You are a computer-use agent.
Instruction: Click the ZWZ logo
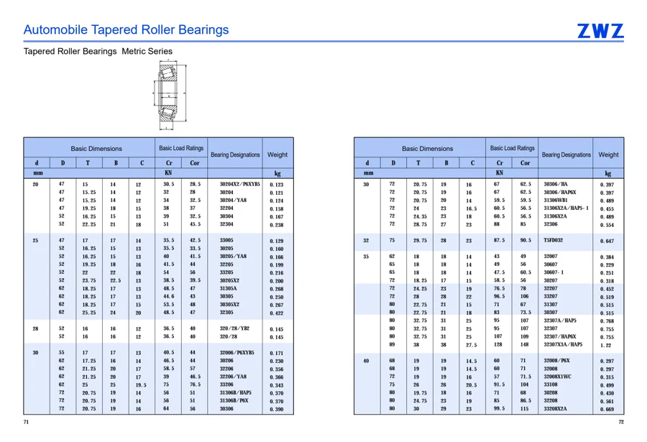[600, 31]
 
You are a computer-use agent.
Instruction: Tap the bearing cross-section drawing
[170, 94]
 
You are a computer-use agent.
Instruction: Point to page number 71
[26, 422]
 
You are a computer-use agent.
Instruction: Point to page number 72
[621, 422]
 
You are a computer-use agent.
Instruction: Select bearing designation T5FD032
[553, 240]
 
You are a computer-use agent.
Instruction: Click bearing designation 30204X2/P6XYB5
[239, 184]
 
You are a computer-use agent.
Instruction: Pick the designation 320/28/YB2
[234, 328]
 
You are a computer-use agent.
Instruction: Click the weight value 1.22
[606, 345]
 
